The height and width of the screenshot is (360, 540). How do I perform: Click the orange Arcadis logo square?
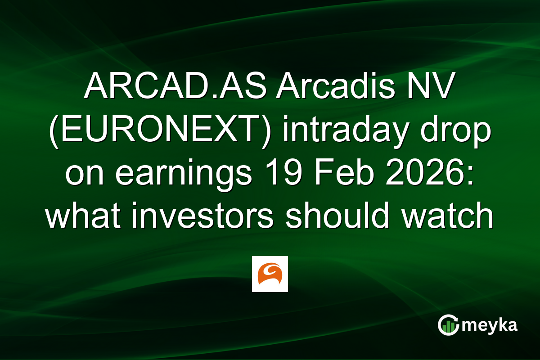(270, 274)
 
